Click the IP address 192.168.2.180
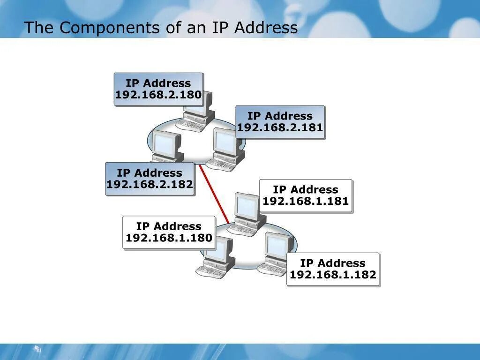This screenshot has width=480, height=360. [158, 95]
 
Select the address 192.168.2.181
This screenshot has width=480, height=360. [280, 128]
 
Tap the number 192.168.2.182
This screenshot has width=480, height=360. [150, 185]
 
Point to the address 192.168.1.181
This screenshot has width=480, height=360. [306, 202]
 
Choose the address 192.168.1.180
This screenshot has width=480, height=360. [169, 238]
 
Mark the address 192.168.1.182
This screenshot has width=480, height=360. [333, 275]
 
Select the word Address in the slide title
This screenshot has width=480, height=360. [266, 28]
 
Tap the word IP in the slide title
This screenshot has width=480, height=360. [220, 28]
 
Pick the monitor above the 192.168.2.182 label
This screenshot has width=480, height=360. [167, 145]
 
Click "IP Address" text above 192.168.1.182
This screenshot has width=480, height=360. [333, 263]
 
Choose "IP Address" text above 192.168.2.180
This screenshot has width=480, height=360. [158, 83]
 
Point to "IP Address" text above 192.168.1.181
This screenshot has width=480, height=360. [306, 189]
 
